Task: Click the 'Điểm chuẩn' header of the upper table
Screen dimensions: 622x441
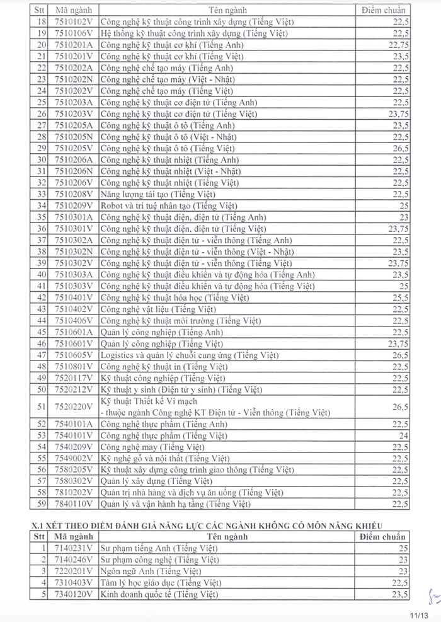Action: pyautogui.click(x=384, y=11)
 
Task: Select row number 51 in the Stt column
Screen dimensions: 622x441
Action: pyautogui.click(x=42, y=407)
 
